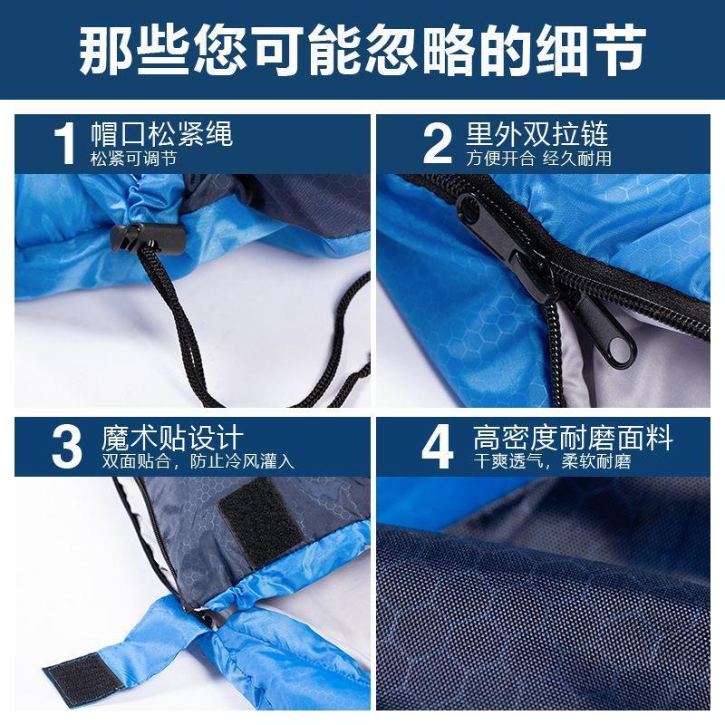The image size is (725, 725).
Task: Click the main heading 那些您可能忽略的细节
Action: [x=362, y=50]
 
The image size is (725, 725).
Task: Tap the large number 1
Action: [x=65, y=143]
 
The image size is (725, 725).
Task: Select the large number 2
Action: [x=438, y=143]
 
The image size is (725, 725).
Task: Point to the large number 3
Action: [x=67, y=447]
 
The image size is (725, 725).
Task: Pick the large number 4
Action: [x=438, y=447]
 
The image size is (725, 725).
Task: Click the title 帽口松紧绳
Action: [x=161, y=134]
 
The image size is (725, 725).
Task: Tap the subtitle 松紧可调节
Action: [x=133, y=159]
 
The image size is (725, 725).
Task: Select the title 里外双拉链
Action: [x=536, y=134]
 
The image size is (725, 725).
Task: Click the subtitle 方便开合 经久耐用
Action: [x=538, y=159]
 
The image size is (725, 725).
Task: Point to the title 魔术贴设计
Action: [x=172, y=438]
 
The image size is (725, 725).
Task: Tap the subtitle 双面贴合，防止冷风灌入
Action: [x=198, y=461]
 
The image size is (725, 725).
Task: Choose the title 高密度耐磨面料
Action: [x=573, y=438]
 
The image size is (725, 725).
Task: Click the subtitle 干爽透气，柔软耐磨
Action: [x=552, y=461]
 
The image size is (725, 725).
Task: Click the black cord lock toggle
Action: [x=148, y=238]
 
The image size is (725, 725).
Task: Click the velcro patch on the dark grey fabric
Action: [x=261, y=523]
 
